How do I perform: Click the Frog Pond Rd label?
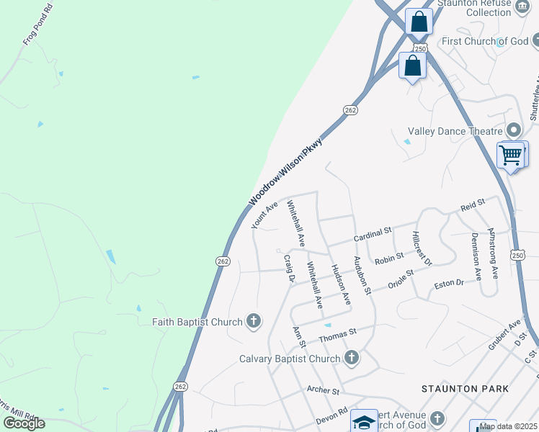click(x=39, y=27)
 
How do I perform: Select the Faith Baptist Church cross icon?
click(x=253, y=321)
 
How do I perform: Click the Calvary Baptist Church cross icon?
click(x=351, y=358)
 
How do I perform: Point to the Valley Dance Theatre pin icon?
click(x=514, y=131)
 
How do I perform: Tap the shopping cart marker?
click(x=511, y=154)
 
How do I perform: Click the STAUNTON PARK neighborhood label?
click(x=465, y=389)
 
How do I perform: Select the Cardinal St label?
click(x=372, y=234)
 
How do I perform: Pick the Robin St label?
click(x=388, y=258)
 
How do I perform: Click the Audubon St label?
click(x=361, y=274)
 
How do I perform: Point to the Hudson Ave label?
click(x=340, y=284)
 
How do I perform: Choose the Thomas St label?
click(x=338, y=334)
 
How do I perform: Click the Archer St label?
click(x=323, y=391)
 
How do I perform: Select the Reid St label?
click(x=473, y=206)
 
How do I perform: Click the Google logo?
click(x=24, y=423)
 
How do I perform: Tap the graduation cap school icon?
click(x=364, y=422)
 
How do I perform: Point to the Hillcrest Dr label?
click(x=421, y=248)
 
